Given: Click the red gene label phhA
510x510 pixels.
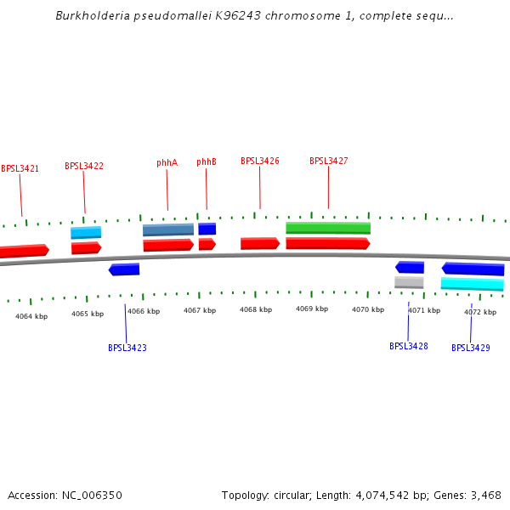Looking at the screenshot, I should click(167, 162).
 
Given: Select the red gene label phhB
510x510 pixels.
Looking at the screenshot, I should click(207, 161).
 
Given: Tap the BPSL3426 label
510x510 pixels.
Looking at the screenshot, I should click(259, 161).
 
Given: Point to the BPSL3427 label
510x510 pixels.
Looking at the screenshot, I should click(328, 161).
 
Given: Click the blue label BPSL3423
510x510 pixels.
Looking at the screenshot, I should click(127, 348).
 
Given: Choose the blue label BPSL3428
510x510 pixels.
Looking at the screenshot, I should click(409, 346).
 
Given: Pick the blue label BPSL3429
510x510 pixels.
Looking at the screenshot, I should click(471, 348).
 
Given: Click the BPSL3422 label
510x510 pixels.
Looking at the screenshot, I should click(84, 166).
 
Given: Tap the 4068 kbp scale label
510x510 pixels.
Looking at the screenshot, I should click(256, 309).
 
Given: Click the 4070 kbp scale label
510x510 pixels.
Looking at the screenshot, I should click(368, 309).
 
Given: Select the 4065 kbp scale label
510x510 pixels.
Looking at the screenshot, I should click(88, 314).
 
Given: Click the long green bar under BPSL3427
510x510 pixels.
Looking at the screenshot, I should click(328, 228).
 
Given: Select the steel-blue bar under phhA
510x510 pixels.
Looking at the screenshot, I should click(168, 229).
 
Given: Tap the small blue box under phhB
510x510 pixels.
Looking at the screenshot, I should click(207, 229).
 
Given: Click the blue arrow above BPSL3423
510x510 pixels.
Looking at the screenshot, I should click(124, 269).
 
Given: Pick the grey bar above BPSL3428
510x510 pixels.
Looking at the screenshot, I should click(409, 282).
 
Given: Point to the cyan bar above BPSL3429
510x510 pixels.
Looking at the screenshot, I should click(472, 284).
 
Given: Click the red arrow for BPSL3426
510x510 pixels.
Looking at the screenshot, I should click(260, 244).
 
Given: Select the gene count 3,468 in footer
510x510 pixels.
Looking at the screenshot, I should click(486, 495).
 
